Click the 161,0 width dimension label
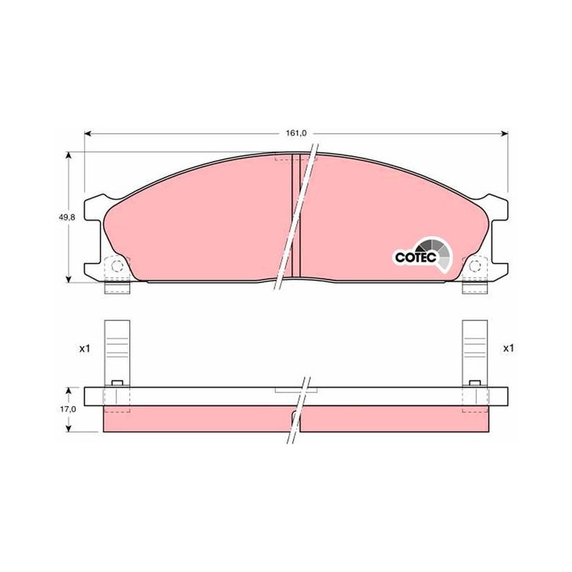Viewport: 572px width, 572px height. tap(296, 134)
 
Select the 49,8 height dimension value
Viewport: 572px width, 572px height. tap(66, 217)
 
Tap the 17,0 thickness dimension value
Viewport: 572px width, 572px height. tap(68, 410)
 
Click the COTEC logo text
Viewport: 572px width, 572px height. tap(416, 257)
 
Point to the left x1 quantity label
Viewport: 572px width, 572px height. tap(84, 349)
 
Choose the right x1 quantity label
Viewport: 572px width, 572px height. tap(508, 349)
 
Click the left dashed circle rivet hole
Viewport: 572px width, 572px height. tap(117, 266)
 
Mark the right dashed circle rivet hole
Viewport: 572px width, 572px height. tap(475, 266)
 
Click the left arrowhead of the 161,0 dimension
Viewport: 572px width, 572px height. tap(87, 134)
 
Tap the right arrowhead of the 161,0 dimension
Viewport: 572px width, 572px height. tap(505, 134)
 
